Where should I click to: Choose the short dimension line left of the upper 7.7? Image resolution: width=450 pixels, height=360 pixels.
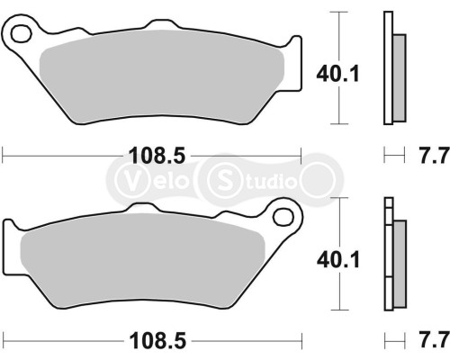point(392,156)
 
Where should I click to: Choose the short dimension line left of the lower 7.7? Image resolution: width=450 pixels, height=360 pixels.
point(392,341)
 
